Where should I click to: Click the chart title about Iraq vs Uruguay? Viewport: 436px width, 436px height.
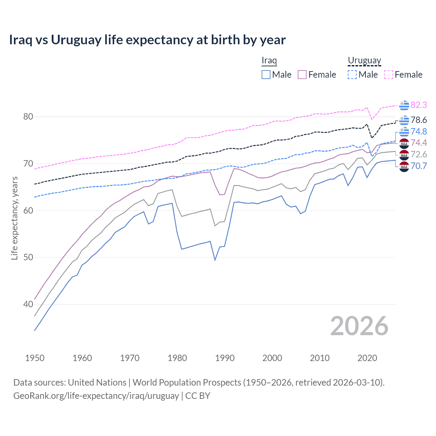coord(147,40)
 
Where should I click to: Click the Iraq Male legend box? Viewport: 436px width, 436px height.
coord(266,75)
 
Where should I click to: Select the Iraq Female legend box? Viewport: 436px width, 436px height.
coord(302,75)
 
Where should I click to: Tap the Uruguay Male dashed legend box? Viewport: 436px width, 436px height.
coord(352,75)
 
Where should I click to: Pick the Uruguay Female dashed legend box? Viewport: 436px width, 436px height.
coord(389,75)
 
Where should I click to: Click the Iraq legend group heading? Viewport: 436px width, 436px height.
coord(269,61)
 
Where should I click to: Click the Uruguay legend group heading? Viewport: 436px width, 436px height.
coord(364,61)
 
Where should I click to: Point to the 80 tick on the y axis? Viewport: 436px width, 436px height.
coord(28,117)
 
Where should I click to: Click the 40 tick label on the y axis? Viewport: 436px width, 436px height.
coord(28,304)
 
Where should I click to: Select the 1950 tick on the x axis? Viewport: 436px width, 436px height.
coord(35,358)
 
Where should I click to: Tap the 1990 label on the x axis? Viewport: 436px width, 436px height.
coord(225,358)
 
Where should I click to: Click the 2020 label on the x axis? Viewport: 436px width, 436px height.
coord(367,358)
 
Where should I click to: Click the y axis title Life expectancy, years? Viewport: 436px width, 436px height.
coord(14,218)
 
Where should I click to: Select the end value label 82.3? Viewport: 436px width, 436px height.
coord(419,105)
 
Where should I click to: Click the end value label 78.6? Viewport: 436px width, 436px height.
coord(419,120)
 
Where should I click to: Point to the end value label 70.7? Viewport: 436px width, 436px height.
coord(419,166)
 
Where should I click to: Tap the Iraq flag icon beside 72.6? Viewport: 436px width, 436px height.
coord(404,155)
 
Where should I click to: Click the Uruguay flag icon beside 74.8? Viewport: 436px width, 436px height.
coord(404,132)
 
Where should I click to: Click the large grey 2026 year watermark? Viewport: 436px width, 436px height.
coord(359,326)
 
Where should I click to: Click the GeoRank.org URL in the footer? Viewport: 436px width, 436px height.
coord(96,396)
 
